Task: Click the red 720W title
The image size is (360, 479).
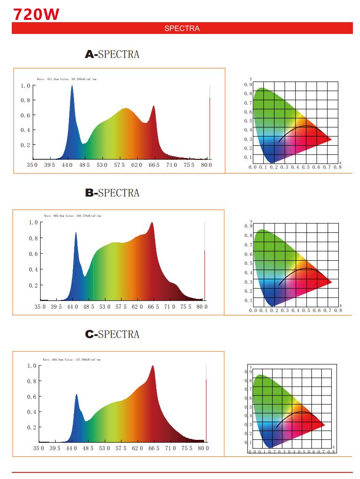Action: coord(36,15)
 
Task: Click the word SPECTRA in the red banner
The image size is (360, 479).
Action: coord(182,28)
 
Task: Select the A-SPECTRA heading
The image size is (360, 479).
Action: coord(112,54)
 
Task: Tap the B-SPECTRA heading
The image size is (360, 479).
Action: coord(112,193)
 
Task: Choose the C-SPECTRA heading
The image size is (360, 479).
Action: coord(112,334)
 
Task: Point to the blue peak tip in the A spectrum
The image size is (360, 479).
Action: coord(72,86)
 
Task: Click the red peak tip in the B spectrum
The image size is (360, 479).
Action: coord(152,223)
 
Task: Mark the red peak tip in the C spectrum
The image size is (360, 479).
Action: coord(152,366)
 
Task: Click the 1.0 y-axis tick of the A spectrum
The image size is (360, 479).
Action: coord(25,86)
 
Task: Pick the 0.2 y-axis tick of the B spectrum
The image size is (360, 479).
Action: coord(33,285)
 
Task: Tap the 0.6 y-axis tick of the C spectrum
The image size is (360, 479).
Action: coord(31,396)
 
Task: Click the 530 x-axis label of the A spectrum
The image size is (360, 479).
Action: coord(101,165)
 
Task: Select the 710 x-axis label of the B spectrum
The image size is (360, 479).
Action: coord(170,307)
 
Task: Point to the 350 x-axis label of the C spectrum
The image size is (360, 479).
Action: coord(39,448)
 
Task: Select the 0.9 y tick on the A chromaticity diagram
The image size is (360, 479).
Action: coord(248,84)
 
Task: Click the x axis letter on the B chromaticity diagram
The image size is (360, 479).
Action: coord(340,306)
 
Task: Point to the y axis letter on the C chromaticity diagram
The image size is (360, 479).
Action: coord(251,367)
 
